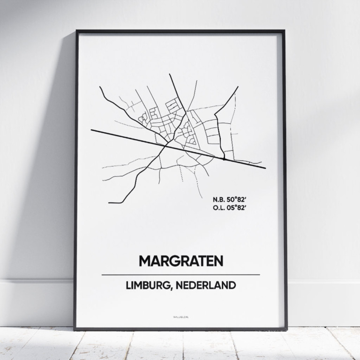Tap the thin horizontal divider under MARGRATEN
[x=180, y=275]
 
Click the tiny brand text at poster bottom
[x=180, y=318]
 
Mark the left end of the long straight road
[x=92, y=130]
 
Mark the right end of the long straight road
[x=265, y=167]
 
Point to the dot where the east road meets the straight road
[x=224, y=159]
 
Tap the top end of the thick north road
[x=170, y=75]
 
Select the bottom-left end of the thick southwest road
[x=109, y=202]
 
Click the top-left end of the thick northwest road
[x=100, y=87]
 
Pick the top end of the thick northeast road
[x=238, y=87]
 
